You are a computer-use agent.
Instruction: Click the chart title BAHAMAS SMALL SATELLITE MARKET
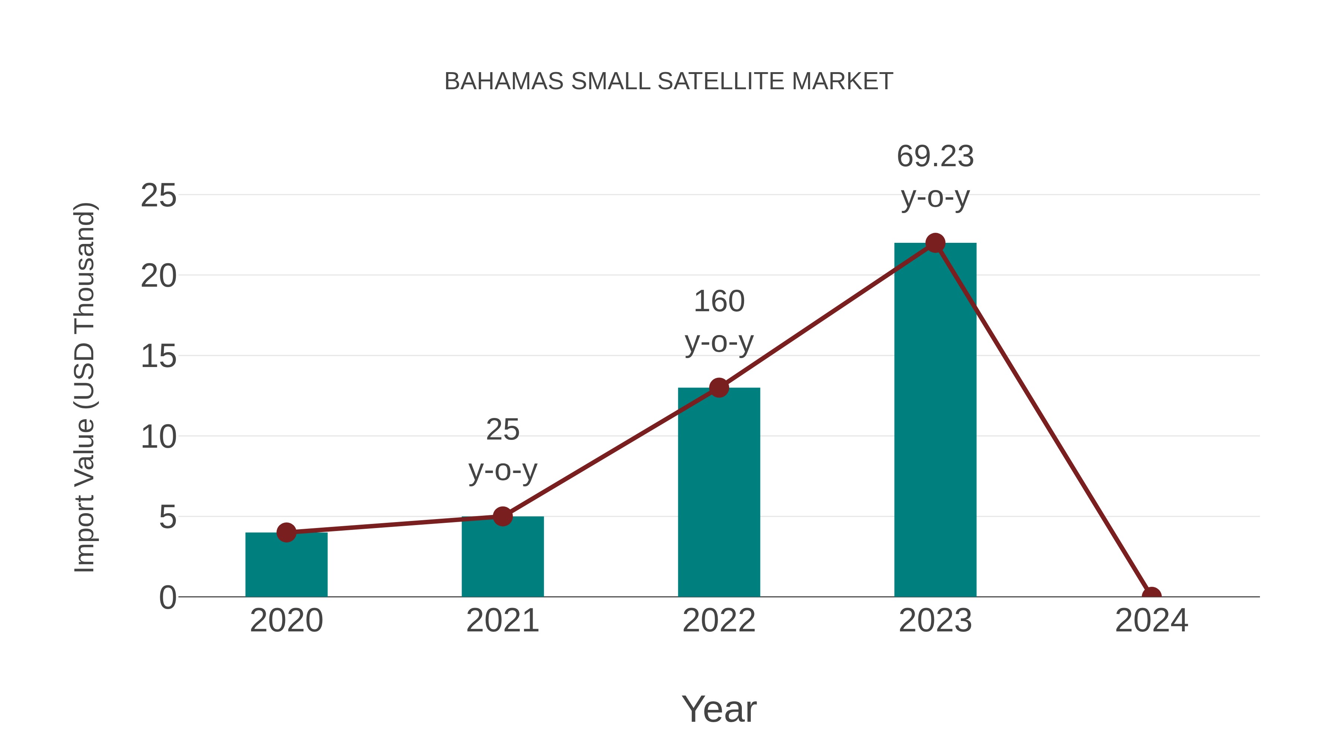tap(669, 81)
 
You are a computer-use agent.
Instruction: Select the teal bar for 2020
tap(286, 566)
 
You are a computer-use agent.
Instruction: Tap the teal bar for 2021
tap(502, 559)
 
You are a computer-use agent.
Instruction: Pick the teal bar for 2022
tap(718, 494)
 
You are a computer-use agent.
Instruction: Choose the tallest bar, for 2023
tap(935, 421)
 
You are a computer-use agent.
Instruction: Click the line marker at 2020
tap(286, 532)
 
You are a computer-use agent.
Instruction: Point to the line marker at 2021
tap(502, 516)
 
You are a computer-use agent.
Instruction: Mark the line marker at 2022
tap(718, 388)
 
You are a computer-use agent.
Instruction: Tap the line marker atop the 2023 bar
tap(935, 243)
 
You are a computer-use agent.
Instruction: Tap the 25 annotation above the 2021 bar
tap(502, 430)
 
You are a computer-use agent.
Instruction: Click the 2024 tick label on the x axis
tap(1151, 621)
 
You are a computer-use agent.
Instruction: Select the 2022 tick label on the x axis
tap(718, 621)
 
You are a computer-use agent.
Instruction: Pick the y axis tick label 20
tap(158, 276)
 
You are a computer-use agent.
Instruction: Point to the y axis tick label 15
tap(158, 357)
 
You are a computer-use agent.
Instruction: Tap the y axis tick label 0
tap(167, 598)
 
